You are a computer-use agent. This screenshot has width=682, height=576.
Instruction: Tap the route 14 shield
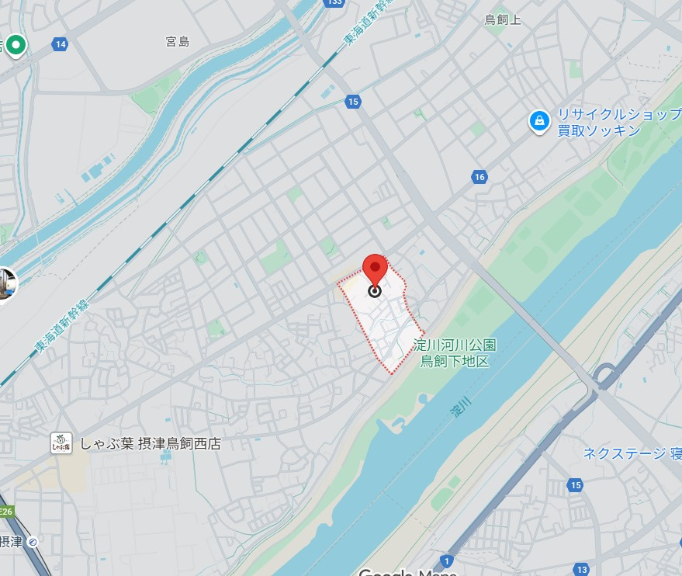coord(61,44)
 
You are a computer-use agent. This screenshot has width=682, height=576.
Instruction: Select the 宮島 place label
coord(178,41)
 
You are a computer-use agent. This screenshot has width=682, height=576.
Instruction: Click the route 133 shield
coord(334,2)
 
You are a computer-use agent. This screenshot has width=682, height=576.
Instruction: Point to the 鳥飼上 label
coord(503,19)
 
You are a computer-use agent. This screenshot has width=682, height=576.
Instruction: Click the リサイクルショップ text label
coord(618,115)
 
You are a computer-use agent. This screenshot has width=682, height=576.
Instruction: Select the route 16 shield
coord(479,178)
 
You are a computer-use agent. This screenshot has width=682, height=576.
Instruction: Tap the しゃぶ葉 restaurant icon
coord(61,443)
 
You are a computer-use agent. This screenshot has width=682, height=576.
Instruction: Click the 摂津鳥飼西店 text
coord(179,444)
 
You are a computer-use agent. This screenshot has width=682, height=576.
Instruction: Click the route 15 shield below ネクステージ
coord(575,485)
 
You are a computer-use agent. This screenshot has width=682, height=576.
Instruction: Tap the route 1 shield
coord(445,560)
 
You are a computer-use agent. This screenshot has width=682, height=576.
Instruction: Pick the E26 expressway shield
coord(6,512)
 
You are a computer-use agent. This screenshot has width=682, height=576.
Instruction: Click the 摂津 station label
coord(11,541)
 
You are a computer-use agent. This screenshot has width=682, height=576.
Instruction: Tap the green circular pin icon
coord(15,45)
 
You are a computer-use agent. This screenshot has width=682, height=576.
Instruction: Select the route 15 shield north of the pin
coord(353,102)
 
